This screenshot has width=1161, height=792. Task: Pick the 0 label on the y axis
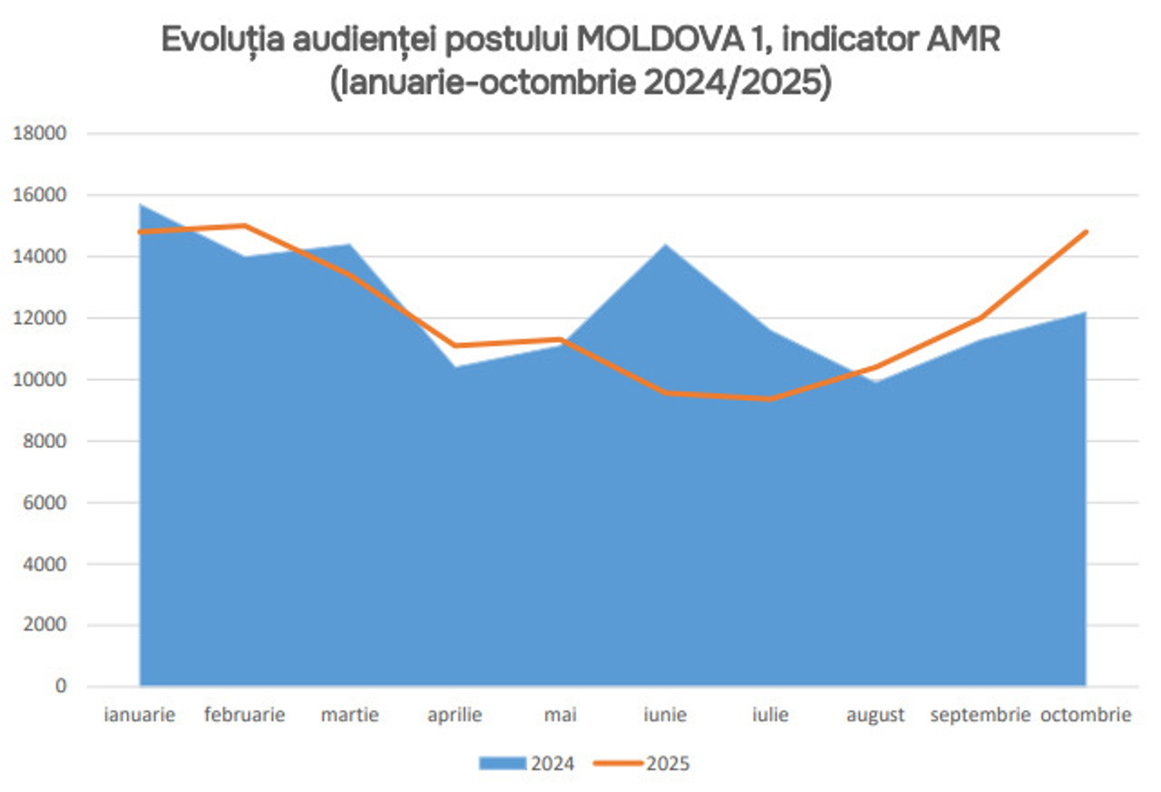(61, 687)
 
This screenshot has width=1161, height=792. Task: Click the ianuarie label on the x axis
(140, 715)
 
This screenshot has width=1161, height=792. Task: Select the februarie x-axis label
(245, 715)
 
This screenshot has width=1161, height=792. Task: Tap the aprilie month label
(455, 715)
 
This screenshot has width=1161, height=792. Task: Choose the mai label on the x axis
(561, 715)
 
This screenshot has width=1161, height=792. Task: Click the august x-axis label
(875, 715)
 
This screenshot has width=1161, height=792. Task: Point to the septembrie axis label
(981, 715)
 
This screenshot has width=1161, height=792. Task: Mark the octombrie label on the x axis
(1086, 715)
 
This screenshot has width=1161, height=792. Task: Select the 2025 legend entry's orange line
(620, 764)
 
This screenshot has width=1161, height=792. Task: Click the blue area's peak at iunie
(666, 244)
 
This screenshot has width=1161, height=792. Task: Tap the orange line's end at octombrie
(1086, 232)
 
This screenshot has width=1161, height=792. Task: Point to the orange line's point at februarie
(245, 226)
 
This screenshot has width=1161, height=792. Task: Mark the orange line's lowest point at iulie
(771, 398)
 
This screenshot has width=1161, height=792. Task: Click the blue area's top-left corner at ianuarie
(141, 205)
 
